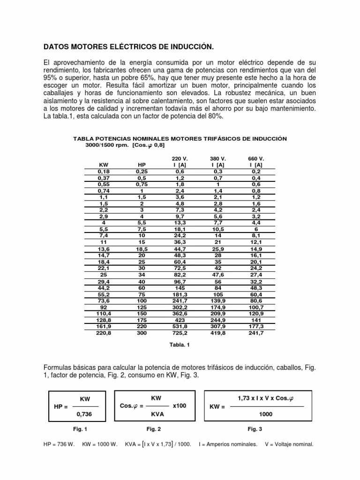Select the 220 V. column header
180,159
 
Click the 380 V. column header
218,159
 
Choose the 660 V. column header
256,159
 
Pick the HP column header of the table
142,165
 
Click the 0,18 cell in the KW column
104,172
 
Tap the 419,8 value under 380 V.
218,333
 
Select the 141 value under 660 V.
256,320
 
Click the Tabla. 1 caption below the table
180,344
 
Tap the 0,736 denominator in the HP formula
85,414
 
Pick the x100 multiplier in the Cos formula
180,406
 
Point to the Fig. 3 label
255,429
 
